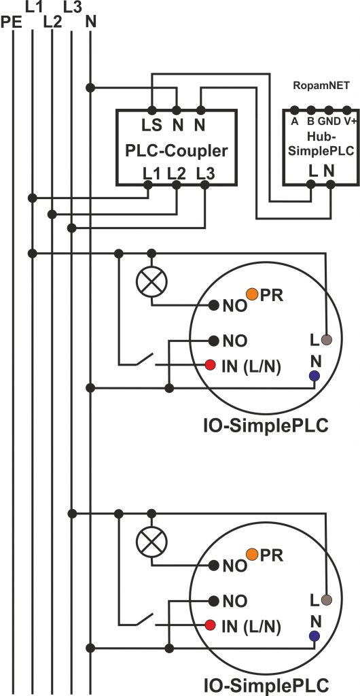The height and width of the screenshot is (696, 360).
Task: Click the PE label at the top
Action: [x=12, y=23]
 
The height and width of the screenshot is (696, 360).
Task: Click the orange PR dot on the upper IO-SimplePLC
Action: [x=252, y=294]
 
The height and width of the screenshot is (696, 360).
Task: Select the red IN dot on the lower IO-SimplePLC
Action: [x=211, y=625]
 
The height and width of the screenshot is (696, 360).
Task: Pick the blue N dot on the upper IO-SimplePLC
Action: [x=314, y=375]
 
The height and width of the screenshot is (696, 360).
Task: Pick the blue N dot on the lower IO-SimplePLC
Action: [x=314, y=636]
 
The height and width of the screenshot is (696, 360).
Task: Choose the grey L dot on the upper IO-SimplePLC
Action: [x=326, y=339]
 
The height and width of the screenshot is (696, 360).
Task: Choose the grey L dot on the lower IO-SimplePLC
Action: [x=326, y=599]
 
